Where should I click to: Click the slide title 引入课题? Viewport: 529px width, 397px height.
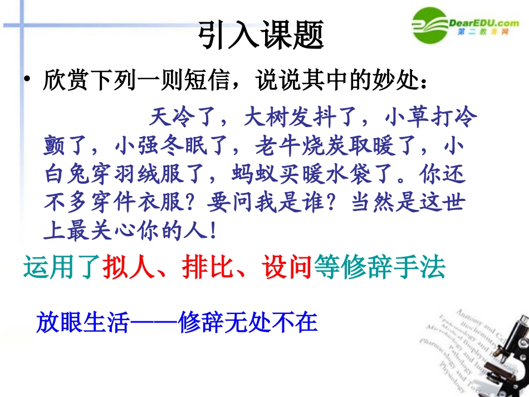point(261,37)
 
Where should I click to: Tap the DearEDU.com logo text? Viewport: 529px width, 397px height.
point(483,23)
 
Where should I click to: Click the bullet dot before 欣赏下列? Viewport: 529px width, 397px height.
point(27,82)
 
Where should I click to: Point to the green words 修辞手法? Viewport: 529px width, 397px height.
point(393,268)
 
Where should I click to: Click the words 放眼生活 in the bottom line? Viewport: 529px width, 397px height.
point(82,322)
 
